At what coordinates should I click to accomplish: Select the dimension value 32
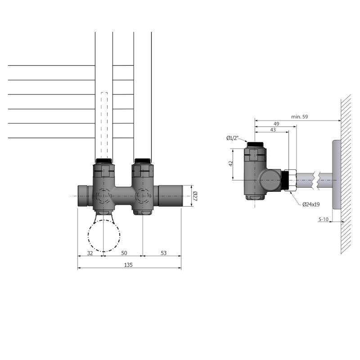(x=90, y=253)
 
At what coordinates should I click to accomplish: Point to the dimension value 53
(x=163, y=253)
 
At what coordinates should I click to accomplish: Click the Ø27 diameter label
(x=195, y=196)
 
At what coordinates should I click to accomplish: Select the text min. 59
(x=300, y=117)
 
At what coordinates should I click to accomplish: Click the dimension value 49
(x=276, y=123)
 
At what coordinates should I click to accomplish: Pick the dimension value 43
(x=273, y=130)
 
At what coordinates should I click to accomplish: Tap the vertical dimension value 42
(x=230, y=164)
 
